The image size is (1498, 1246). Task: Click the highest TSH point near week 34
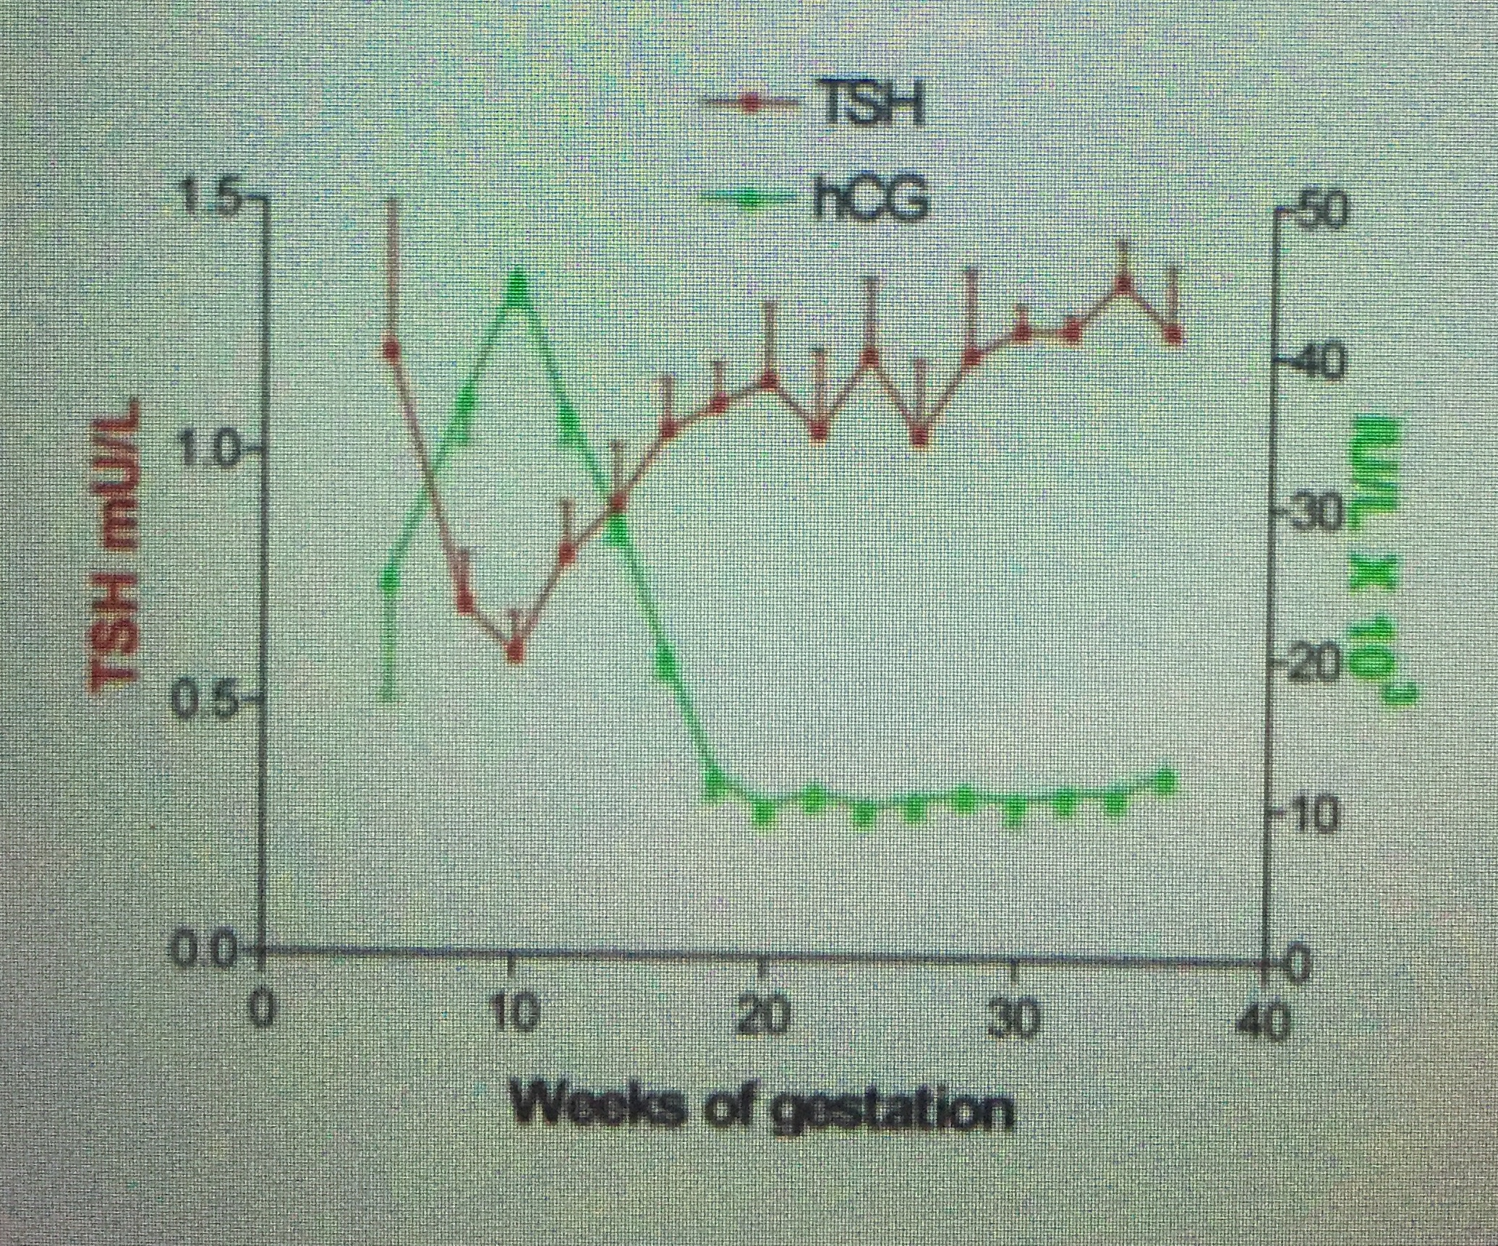pos(1123,283)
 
